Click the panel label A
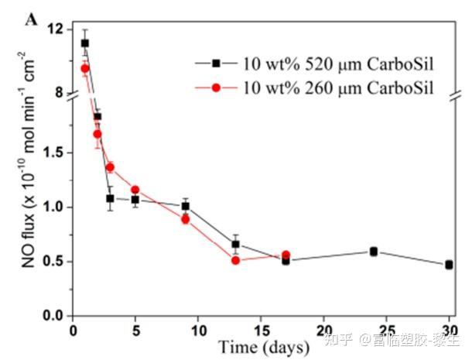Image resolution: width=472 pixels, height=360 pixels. (32, 19)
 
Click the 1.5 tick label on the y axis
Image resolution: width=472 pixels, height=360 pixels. (53, 153)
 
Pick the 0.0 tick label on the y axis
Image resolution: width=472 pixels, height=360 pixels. (53, 316)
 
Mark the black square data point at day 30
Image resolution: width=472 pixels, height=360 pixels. (449, 265)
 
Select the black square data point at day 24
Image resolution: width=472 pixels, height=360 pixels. (374, 251)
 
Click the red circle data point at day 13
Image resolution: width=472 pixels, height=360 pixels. (236, 260)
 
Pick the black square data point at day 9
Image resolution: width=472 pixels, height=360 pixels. (186, 206)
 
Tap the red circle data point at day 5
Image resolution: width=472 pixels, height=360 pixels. (135, 190)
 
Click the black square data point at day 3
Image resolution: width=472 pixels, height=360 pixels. (111, 198)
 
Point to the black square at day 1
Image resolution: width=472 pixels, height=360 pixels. (85, 43)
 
